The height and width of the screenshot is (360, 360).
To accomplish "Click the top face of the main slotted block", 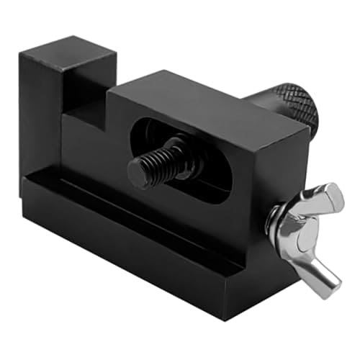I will (209, 101).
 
